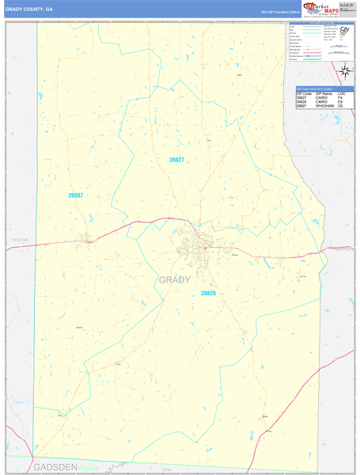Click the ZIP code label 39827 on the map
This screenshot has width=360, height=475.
tap(176, 160)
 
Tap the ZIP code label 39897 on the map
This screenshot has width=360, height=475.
tap(76, 195)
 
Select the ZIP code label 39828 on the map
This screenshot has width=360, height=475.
tap(207, 294)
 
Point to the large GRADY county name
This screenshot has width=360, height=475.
tap(175, 279)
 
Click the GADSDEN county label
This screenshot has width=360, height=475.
tap(55, 468)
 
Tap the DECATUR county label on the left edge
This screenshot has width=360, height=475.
tap(20, 239)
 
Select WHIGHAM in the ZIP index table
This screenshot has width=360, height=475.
tap(326, 106)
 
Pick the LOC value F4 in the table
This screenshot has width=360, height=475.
tap(341, 98)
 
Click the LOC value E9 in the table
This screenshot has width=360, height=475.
tap(341, 102)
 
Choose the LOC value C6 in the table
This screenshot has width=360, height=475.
tap(341, 106)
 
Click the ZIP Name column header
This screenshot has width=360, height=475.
tap(323, 94)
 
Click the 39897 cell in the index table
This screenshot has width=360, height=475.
tap(301, 106)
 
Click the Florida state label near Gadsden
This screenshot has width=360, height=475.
tap(89, 468)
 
